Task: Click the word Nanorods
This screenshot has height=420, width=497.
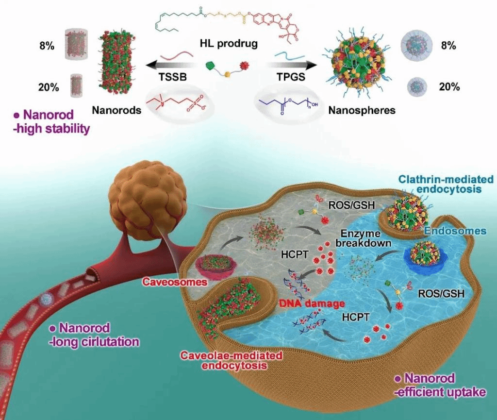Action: [x=116, y=110]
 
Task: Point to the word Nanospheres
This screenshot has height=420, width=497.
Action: [x=362, y=110]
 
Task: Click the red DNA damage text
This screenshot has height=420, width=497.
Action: [x=312, y=303]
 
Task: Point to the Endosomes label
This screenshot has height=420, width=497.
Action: [x=454, y=231]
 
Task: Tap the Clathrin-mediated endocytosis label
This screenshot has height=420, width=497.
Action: [x=445, y=185]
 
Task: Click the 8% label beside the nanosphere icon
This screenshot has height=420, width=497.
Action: [x=447, y=46]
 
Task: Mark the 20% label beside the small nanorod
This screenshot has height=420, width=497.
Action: [x=49, y=87]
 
